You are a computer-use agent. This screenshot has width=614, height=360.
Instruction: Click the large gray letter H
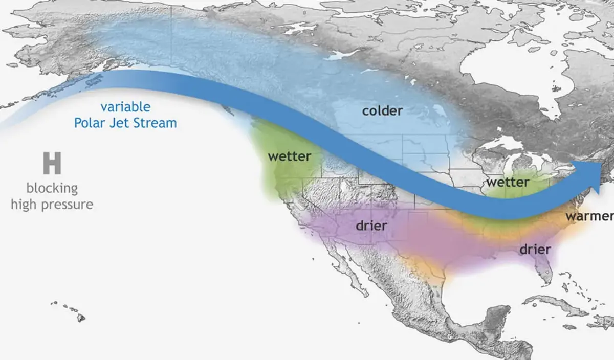pyautogui.click(x=52, y=164)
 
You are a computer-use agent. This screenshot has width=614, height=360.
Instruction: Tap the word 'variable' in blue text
pyautogui.click(x=125, y=107)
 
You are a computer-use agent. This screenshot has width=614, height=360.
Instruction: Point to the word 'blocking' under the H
pyautogui.click(x=52, y=188)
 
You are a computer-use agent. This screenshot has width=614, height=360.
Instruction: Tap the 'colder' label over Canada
pyautogui.click(x=382, y=110)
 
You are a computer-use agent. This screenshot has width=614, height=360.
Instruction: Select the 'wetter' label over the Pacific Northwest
pyautogui.click(x=289, y=156)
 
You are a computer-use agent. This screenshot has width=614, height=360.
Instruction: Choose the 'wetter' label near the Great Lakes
pyautogui.click(x=508, y=182)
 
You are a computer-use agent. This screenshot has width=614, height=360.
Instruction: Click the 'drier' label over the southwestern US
pyautogui.click(x=371, y=225)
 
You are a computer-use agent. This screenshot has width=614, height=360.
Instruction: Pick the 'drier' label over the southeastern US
pyautogui.click(x=535, y=250)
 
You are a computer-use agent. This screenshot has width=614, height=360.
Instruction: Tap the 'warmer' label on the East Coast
pyautogui.click(x=588, y=216)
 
